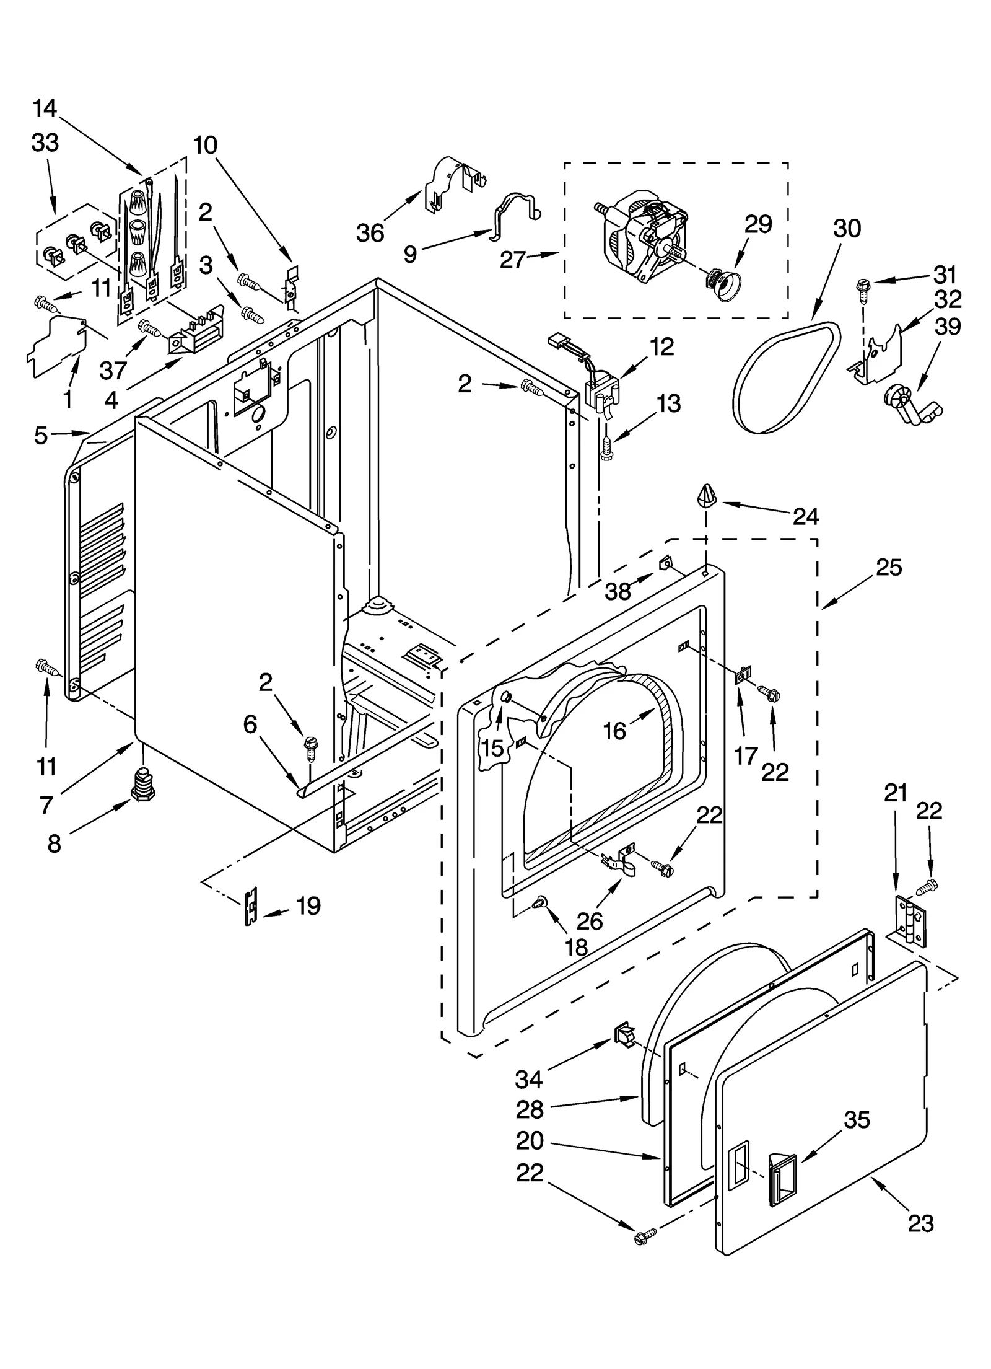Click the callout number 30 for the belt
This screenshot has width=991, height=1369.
(847, 229)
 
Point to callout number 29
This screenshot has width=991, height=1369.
(758, 224)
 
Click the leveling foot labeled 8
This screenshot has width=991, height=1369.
(143, 786)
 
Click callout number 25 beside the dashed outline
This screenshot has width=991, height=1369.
(889, 567)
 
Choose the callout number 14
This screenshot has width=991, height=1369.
(45, 109)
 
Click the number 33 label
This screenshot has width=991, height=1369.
(45, 143)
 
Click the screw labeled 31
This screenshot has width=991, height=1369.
(862, 287)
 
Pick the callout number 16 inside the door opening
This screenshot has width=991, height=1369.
(614, 731)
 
